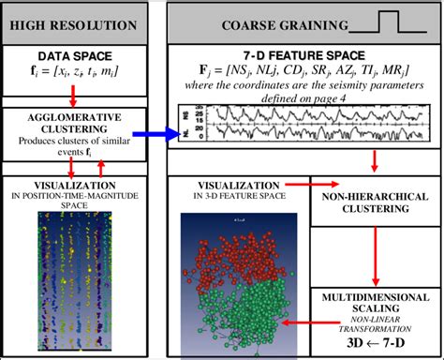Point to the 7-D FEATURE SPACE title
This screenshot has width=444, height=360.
pos(303,56)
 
